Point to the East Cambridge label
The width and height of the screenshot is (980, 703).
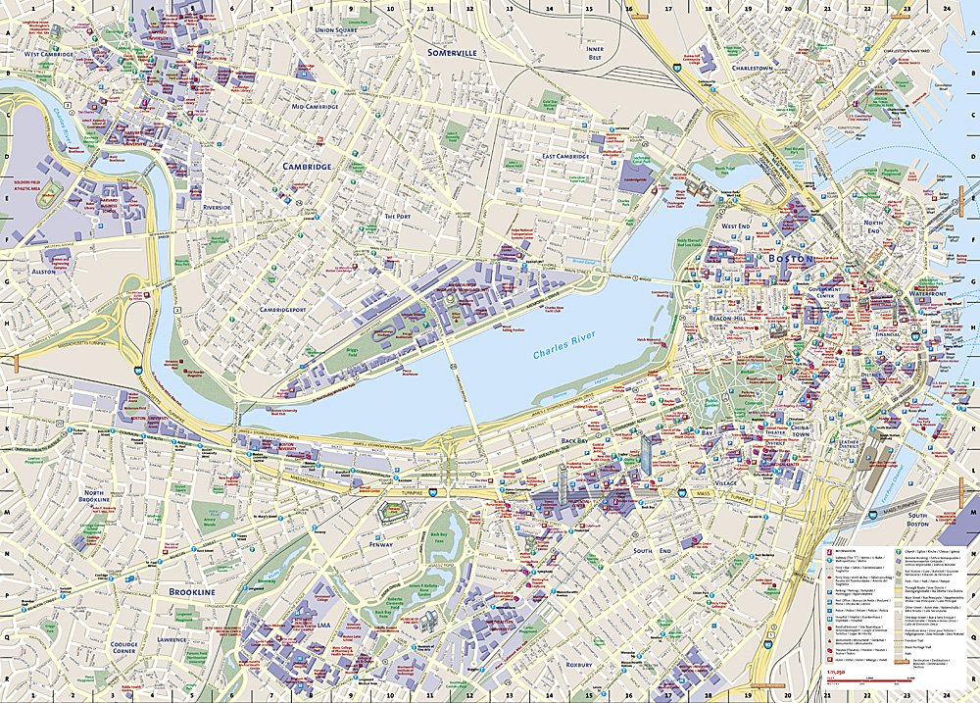[565, 156]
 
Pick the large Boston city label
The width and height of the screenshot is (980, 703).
[791, 258]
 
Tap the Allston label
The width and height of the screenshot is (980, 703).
[42, 270]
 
